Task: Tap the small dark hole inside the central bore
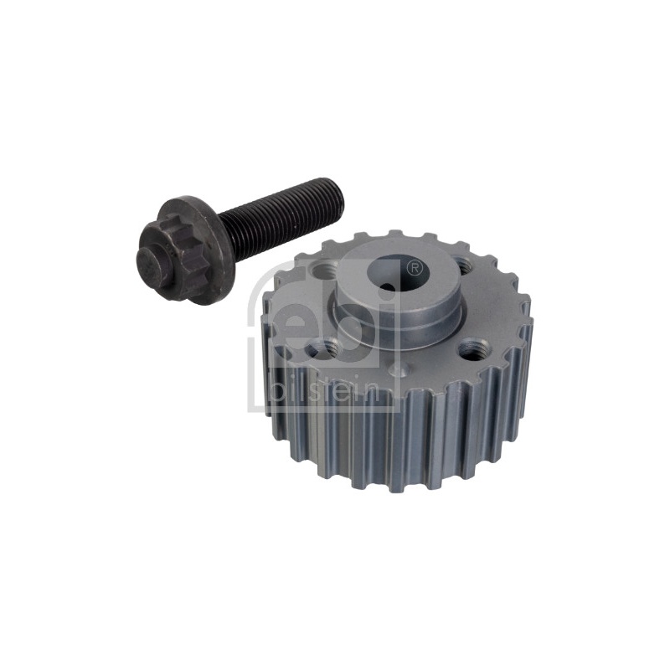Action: (388, 288)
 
